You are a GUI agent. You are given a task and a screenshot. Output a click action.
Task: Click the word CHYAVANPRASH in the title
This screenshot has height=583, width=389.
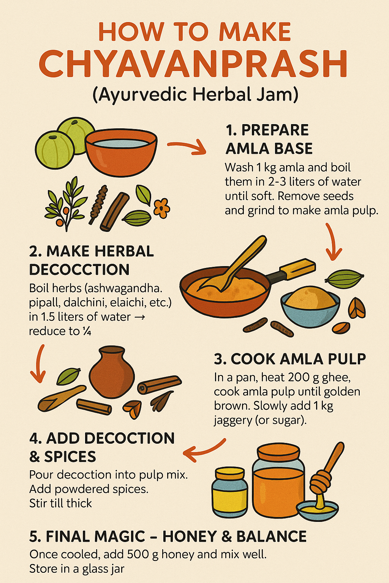point(193,64)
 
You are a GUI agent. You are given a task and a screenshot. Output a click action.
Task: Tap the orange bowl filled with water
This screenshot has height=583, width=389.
point(121,152)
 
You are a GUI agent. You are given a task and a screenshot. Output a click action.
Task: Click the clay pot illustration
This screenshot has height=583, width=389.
point(112,372)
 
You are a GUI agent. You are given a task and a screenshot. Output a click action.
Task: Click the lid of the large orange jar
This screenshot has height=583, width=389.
point(278,453)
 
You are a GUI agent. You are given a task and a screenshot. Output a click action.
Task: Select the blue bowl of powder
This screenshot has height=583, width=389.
point(310,307)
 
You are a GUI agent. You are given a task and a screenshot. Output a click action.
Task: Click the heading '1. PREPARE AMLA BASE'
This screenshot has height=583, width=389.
point(269,139)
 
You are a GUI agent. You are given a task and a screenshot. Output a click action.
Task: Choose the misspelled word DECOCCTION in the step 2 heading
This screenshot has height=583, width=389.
point(79,269)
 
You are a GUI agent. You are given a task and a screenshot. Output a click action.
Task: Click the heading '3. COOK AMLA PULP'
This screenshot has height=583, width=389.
point(290,359)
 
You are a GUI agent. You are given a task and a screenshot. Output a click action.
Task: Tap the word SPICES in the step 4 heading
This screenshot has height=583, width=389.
point(70,456)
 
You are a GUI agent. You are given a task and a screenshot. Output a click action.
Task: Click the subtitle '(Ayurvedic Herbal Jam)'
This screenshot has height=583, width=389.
point(195,95)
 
